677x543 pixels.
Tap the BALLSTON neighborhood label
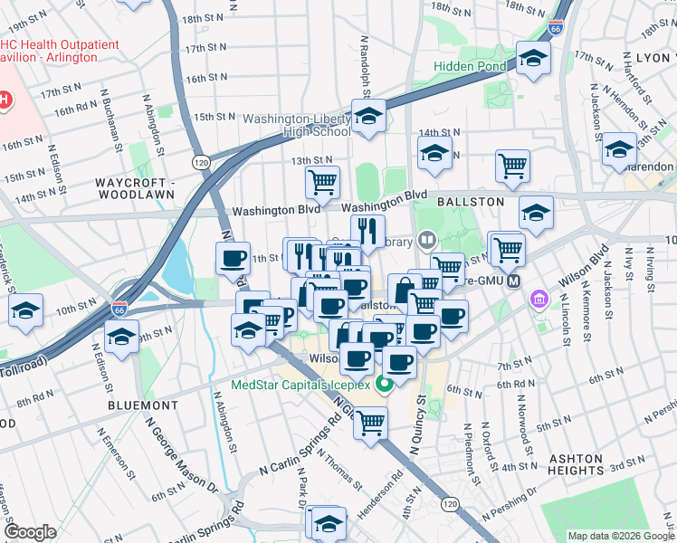pyautogui.click(x=471, y=201)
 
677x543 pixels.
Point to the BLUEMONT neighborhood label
pyautogui.click(x=137, y=405)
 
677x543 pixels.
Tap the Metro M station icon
pyautogui.click(x=514, y=281)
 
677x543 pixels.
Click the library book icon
pyautogui.click(x=427, y=241)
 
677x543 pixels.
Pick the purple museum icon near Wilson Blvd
pyautogui.click(x=539, y=298)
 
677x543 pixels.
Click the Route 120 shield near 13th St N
pyautogui.click(x=200, y=160)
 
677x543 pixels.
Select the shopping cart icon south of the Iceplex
pyautogui.click(x=370, y=422)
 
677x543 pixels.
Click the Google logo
pyautogui.click(x=29, y=532)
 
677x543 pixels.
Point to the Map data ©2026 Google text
pyautogui.click(x=620, y=536)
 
